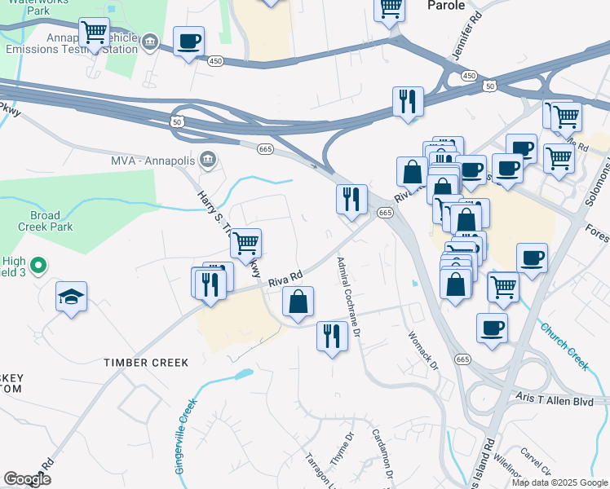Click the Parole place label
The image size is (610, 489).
click(x=446, y=6)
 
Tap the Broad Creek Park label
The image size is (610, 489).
click(x=45, y=222)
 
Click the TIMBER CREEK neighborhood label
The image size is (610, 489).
click(x=146, y=362)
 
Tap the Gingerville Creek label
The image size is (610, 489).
click(x=185, y=436)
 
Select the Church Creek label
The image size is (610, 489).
click(x=564, y=346)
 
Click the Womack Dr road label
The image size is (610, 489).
click(x=423, y=350)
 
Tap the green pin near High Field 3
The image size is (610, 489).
click(x=38, y=265)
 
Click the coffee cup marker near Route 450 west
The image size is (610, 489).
click(x=188, y=41)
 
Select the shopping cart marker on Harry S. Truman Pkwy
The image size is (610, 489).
click(x=245, y=242)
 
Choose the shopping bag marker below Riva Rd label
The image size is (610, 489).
click(x=298, y=301)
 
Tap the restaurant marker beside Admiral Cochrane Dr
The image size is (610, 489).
click(x=331, y=336)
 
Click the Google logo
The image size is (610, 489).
click(x=28, y=480)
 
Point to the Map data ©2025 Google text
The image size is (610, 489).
click(x=559, y=482)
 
